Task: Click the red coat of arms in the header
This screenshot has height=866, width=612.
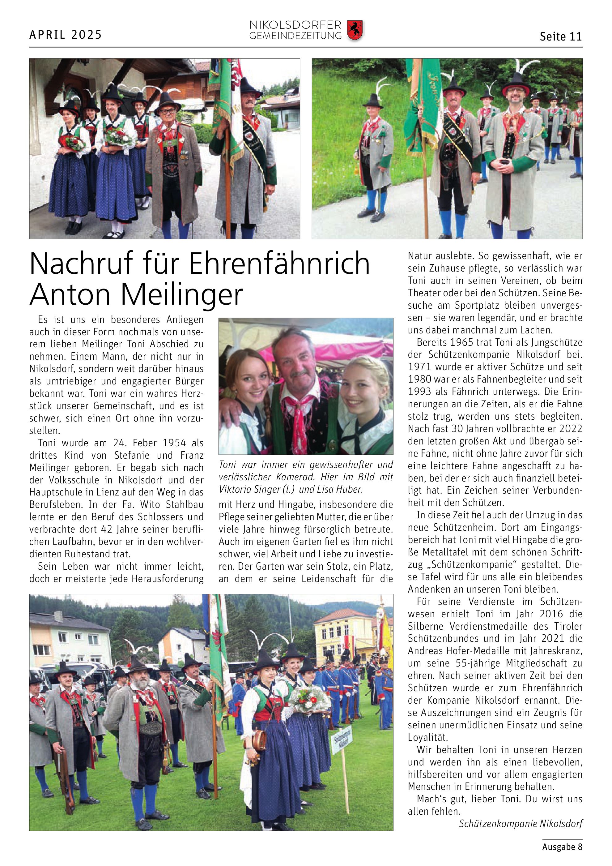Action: (x=354, y=30)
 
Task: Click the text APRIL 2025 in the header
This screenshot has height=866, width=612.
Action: (x=66, y=35)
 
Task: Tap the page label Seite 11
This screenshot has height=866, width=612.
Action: (x=561, y=36)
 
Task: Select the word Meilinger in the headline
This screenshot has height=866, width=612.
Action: (x=182, y=294)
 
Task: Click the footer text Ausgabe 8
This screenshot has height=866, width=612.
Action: (x=562, y=847)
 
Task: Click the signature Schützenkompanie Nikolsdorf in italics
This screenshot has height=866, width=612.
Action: (x=521, y=823)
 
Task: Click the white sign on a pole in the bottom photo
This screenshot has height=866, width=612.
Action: (x=342, y=744)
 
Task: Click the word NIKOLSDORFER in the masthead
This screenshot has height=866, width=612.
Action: (x=295, y=25)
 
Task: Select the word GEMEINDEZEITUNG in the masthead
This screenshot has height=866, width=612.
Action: (x=295, y=36)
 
